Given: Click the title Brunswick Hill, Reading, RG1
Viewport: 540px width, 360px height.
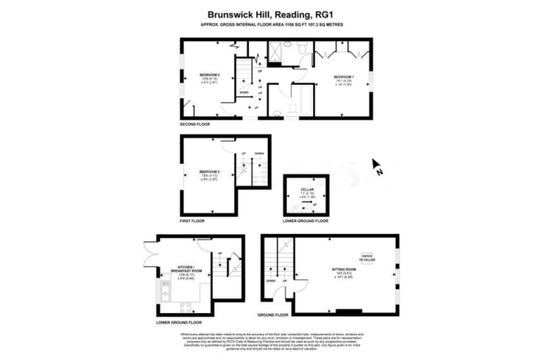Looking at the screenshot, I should tap(269, 13).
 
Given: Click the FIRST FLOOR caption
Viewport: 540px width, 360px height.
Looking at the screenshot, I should tap(192, 222).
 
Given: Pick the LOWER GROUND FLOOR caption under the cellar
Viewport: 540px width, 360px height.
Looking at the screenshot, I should tap(305, 221).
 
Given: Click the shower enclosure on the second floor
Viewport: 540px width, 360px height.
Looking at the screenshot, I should tap(274, 51).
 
